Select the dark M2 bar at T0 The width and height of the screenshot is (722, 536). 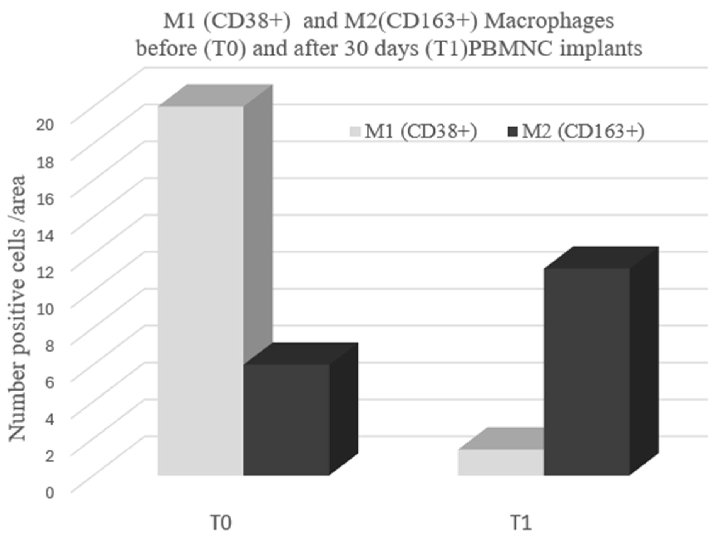tap(286, 422)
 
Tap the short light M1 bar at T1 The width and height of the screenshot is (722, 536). tap(501, 462)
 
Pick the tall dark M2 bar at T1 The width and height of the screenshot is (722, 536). tap(587, 373)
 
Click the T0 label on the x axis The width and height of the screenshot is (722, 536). tap(221, 523)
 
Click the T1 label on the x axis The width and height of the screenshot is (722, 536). tap(521, 523)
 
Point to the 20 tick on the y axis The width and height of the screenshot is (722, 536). tap(44, 125)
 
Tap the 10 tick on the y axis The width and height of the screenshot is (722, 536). tap(44, 309)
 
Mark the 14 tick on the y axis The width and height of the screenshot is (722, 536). tap(44, 235)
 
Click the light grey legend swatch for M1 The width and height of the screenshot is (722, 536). tap(355, 132)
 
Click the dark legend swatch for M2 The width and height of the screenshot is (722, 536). tap(513, 132)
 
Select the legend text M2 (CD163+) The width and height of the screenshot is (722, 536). tap(583, 132)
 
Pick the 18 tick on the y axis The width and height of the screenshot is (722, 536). tap(44, 162)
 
